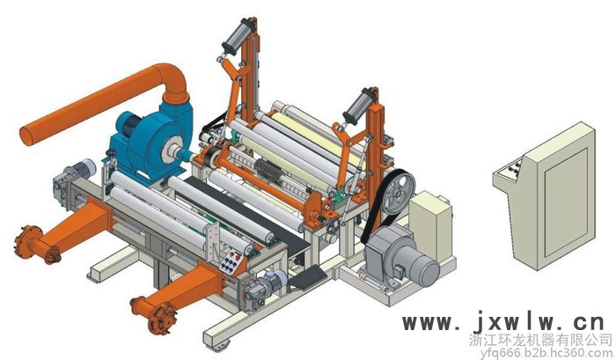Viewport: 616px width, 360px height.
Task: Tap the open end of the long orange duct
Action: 26,136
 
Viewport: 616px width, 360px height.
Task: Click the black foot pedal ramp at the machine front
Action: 308,276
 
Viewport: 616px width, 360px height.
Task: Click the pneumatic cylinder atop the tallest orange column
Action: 237,37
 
